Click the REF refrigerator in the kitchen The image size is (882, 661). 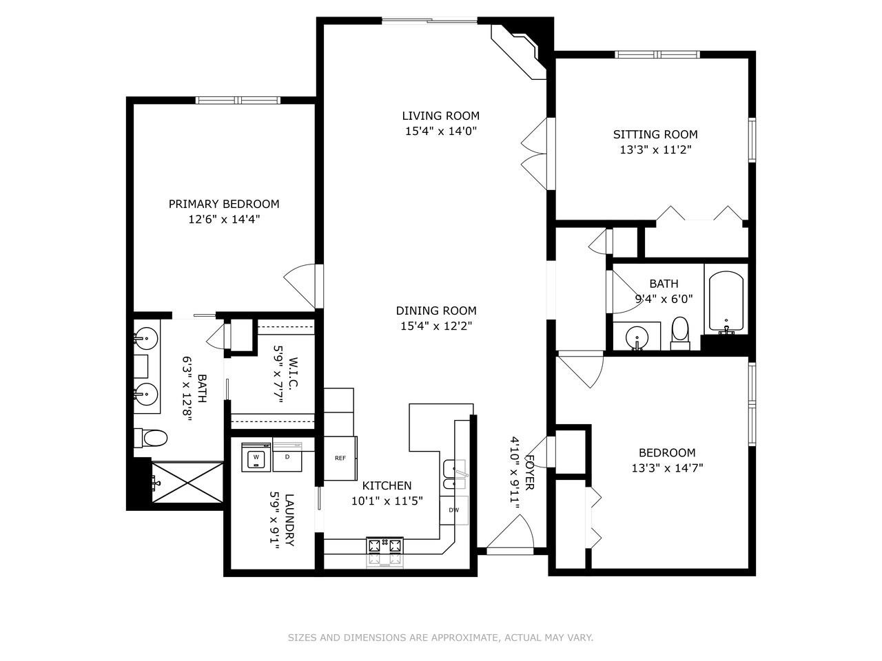(x=340, y=458)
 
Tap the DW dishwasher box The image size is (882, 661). (x=454, y=510)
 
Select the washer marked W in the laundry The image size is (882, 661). (x=256, y=457)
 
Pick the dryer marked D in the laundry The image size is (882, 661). (x=288, y=457)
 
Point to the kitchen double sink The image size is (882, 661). (x=454, y=477)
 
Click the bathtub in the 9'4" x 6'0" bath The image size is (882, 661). (x=726, y=302)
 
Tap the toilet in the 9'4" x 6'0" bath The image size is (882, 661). (x=680, y=334)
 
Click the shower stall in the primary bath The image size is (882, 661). (x=187, y=485)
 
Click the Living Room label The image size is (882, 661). (x=440, y=116)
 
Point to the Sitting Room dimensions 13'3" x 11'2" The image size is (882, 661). (x=655, y=149)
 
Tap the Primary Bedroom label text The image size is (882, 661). (x=224, y=204)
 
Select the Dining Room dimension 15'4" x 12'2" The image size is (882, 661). (x=436, y=326)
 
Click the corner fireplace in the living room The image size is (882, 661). (x=519, y=50)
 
